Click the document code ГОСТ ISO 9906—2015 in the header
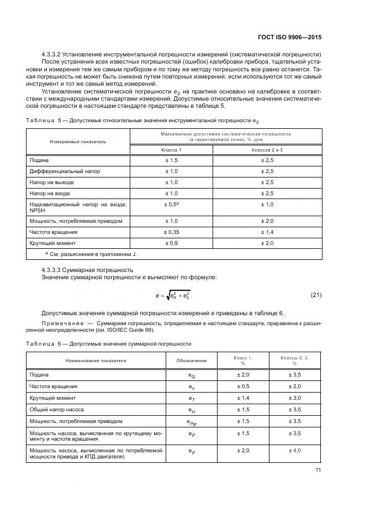pos(289,37)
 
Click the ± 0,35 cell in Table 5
pos(171,232)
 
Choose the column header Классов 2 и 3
pos(267,150)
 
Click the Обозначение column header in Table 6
pos(192,361)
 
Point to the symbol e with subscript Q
pos(192,375)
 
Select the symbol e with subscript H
pos(192,410)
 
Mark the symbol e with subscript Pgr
pos(192,422)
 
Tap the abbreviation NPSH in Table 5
pos(38,210)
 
